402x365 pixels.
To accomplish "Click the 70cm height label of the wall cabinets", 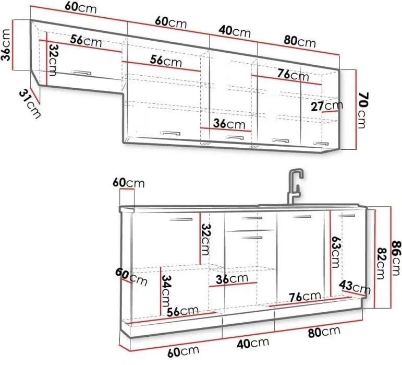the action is point(363,110).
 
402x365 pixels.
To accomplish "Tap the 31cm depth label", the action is point(30,103).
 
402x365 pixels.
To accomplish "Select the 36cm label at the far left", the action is point(6,45).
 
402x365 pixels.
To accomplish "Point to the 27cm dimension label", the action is point(327,105).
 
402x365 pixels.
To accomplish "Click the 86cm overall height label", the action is point(396,257).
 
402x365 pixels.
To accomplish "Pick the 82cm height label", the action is point(381,263).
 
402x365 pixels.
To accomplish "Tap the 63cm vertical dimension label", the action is point(335,252).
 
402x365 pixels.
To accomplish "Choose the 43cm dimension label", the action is point(355,287).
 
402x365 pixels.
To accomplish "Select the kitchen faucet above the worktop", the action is point(295,186).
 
